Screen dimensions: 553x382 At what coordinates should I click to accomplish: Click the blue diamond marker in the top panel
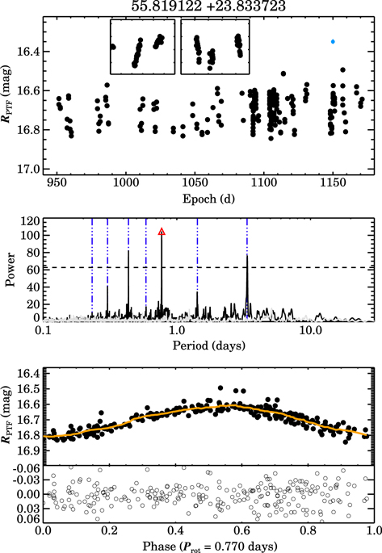[x=332, y=41]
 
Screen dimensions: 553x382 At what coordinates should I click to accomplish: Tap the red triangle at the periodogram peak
[x=162, y=232]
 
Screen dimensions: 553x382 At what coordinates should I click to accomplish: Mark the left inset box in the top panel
[x=143, y=47]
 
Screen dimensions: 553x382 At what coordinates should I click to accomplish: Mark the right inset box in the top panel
[x=215, y=47]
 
